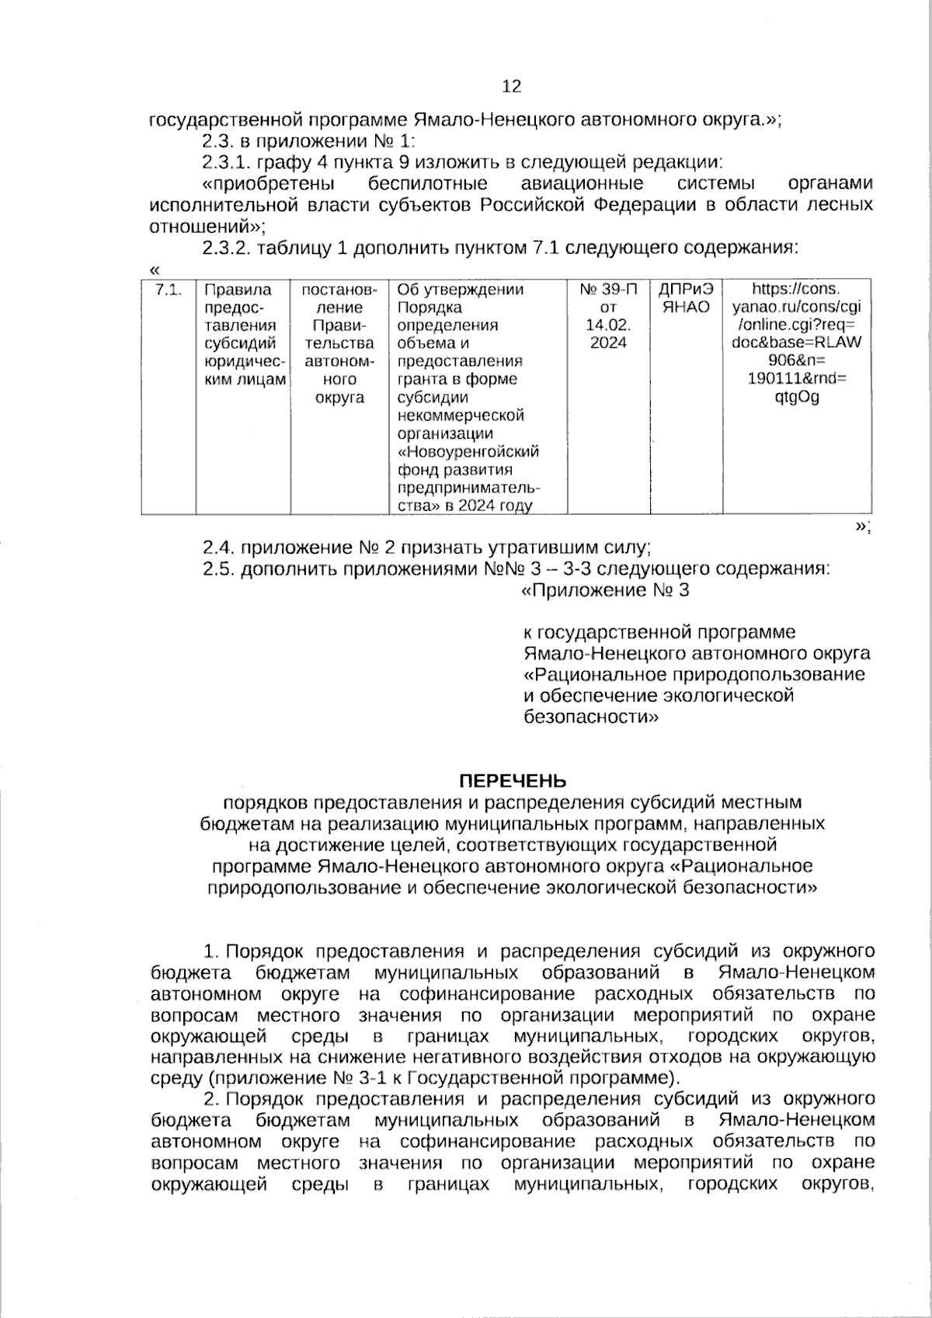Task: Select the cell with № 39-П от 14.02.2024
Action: pos(608,316)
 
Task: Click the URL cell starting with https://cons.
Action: pos(796,343)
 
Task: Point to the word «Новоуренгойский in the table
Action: pos(468,452)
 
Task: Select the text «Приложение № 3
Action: pos(604,591)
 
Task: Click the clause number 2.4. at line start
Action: pos(220,548)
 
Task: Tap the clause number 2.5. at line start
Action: pos(220,569)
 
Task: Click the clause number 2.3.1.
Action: pos(226,162)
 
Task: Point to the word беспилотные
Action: pos(428,184)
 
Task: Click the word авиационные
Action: pos(582,184)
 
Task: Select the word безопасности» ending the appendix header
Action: pos(592,717)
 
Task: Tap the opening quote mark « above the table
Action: pos(154,270)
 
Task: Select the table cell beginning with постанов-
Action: pos(339,343)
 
